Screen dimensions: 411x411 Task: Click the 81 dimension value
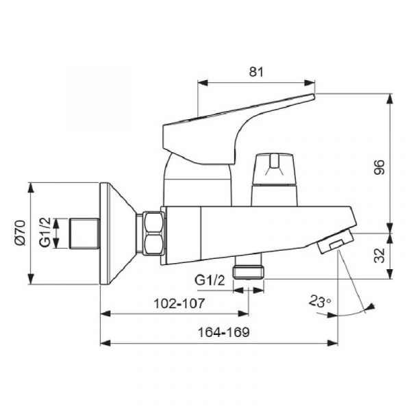pos(256,71)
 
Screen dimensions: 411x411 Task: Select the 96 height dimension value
pos(379,167)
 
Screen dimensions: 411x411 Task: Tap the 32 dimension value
pos(379,255)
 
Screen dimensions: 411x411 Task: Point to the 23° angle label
pos(319,301)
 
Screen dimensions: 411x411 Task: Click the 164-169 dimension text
pos(223,332)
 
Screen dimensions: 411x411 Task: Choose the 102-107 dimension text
pos(179,303)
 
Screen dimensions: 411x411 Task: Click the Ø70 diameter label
pos(21,233)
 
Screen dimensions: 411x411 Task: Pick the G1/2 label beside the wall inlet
pos(45,232)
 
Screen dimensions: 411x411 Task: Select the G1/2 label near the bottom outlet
pos(210,281)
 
